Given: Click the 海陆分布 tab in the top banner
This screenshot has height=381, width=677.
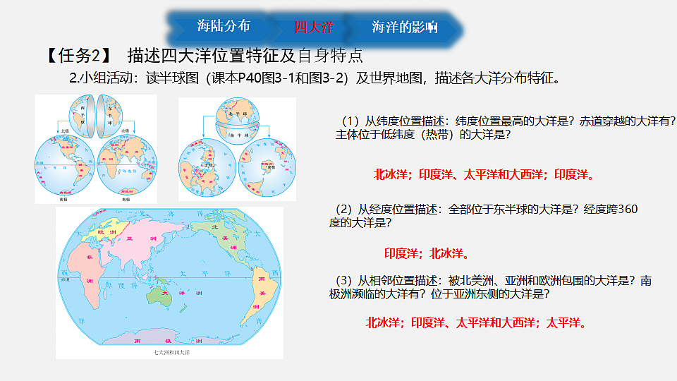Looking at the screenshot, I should click(x=223, y=27).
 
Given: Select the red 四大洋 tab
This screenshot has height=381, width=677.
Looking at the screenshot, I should click(x=313, y=28).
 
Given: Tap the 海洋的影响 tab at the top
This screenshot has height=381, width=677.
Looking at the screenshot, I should click(x=404, y=28).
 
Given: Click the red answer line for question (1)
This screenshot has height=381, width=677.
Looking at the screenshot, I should click(x=484, y=174).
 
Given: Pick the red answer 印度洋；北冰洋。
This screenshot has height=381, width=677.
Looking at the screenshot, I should click(x=427, y=253).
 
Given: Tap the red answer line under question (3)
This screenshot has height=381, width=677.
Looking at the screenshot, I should click(x=477, y=322).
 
